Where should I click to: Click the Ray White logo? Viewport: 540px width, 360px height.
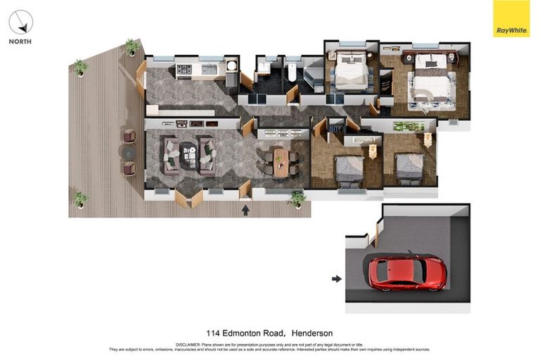(x=511, y=18)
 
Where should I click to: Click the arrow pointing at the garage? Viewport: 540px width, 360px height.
(x=337, y=278)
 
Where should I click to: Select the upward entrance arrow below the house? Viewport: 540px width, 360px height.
(x=245, y=209)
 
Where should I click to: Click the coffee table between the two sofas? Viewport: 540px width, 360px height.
(x=188, y=155)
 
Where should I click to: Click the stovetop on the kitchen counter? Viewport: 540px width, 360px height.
(x=184, y=70)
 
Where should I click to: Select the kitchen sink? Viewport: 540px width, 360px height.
(x=209, y=69)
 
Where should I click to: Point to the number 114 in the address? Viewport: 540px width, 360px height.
(x=213, y=333)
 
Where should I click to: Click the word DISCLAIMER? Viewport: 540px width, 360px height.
(x=188, y=345)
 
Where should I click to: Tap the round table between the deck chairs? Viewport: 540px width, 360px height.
(x=129, y=152)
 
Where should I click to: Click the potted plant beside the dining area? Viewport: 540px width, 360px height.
(x=298, y=199)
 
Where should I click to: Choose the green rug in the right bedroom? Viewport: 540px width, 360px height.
(x=408, y=127)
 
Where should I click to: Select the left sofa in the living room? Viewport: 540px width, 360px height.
(x=171, y=155)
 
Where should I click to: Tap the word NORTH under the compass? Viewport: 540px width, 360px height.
(x=20, y=41)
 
